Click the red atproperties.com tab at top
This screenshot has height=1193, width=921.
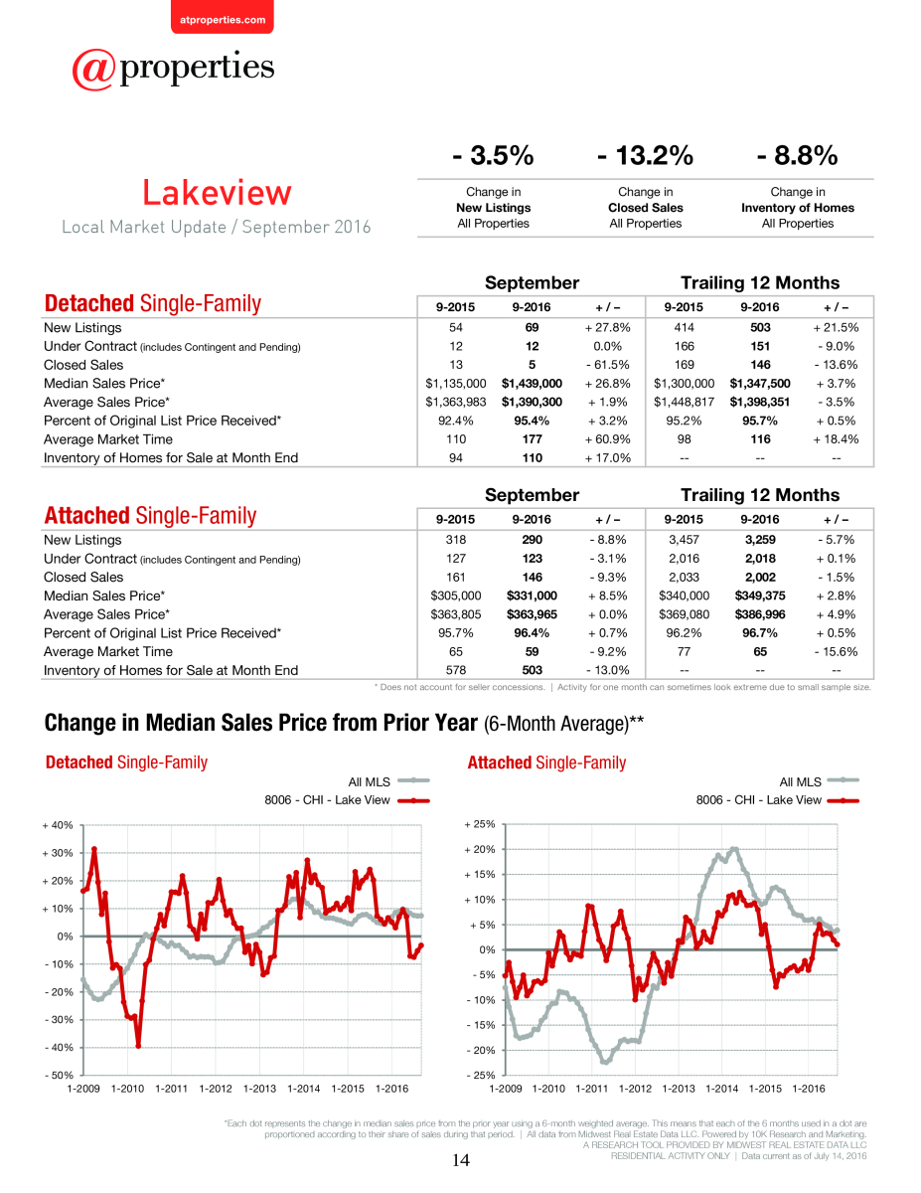click(223, 18)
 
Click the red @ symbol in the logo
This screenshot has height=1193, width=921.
click(93, 70)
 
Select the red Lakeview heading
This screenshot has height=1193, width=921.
click(217, 193)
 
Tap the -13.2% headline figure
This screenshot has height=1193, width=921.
click(645, 155)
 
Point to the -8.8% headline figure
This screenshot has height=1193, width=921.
click(797, 155)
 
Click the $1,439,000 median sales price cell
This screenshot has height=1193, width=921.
click(532, 384)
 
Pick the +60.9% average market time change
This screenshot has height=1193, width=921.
click(607, 439)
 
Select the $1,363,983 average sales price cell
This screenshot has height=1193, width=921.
click(456, 403)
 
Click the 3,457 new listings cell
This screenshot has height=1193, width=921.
click(684, 540)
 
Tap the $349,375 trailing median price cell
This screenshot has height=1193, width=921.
click(760, 596)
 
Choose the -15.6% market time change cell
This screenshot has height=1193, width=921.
click(836, 651)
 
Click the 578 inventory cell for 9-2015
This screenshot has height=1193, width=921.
click(456, 670)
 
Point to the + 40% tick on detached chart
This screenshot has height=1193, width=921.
click(58, 825)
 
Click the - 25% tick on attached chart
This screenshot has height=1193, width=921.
click(481, 1075)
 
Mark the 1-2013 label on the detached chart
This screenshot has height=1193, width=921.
click(259, 1089)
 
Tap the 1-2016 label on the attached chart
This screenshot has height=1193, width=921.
click(809, 1089)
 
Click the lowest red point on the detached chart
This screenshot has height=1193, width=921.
click(138, 1046)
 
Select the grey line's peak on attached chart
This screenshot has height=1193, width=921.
click(735, 849)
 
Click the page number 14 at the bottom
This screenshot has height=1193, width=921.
click(461, 1160)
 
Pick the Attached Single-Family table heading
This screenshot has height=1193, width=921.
click(150, 516)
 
